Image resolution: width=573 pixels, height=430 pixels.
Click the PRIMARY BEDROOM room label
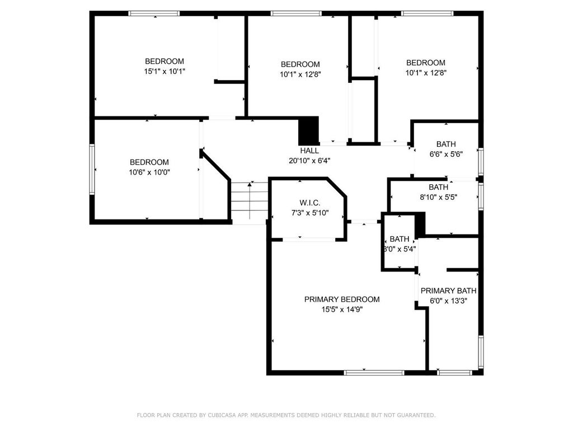point(342,300)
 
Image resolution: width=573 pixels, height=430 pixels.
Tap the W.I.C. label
point(310,203)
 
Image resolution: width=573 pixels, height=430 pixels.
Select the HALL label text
point(309,151)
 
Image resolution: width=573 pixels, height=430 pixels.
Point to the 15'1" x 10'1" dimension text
point(165,71)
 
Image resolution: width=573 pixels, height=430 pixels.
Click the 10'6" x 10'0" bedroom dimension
point(149,172)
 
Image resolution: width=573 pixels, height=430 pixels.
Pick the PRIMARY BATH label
point(448,291)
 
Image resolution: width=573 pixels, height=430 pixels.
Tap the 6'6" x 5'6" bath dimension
point(446,155)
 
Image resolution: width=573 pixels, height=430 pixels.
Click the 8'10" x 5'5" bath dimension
point(439,198)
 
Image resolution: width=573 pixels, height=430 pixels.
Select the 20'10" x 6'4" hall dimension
point(309,161)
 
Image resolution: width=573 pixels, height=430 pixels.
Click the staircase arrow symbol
point(250,200)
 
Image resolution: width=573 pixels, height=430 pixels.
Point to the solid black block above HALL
point(309,131)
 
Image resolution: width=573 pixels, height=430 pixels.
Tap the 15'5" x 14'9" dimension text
point(342,310)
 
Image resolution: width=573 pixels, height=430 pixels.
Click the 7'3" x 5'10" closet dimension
point(310,213)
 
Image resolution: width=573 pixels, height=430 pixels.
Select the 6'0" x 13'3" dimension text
point(448,301)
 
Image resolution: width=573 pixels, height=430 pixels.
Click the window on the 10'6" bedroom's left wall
point(92,169)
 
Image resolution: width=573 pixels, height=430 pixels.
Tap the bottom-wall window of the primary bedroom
point(374,372)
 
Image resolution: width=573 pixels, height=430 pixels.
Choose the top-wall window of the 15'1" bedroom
point(154,13)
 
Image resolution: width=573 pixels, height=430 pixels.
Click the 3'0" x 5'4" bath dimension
point(400,249)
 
